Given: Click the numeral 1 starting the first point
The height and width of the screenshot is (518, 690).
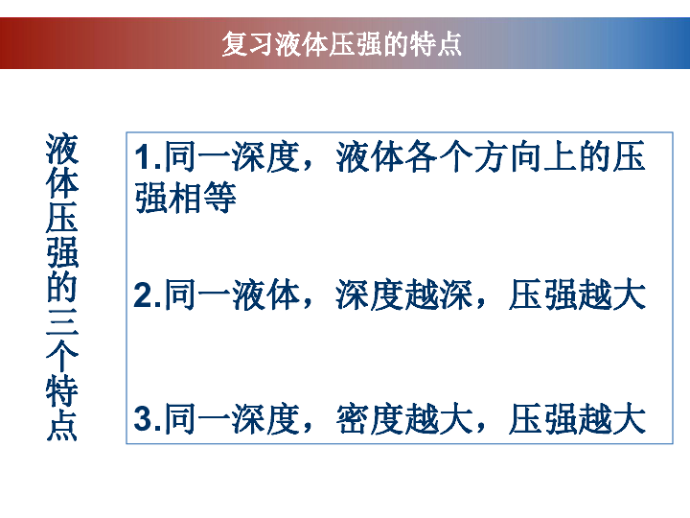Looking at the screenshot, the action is tap(143, 157).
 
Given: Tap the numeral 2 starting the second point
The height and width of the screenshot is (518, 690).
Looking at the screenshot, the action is tap(143, 294).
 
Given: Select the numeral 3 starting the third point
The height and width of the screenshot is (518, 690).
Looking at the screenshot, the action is tap(143, 418).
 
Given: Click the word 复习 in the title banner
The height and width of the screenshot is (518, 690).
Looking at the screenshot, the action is tap(248, 43).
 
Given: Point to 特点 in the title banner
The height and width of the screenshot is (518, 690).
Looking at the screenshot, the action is tap(436, 43).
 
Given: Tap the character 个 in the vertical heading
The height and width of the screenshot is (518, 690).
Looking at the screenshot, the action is tap(62, 357).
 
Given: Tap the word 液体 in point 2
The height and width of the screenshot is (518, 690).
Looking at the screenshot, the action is tap(265, 294).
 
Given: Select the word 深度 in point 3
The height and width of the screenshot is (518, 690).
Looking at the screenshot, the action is tap(265, 418).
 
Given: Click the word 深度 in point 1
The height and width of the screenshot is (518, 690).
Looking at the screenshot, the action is tap(265, 156).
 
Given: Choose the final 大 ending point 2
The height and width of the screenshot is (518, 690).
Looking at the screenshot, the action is tap(630, 294).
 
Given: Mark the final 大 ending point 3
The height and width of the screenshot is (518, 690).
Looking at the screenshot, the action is tap(630, 418).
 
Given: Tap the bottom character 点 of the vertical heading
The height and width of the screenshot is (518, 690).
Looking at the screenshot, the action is tap(62, 426).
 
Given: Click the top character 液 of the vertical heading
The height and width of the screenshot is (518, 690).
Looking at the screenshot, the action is tap(62, 148).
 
